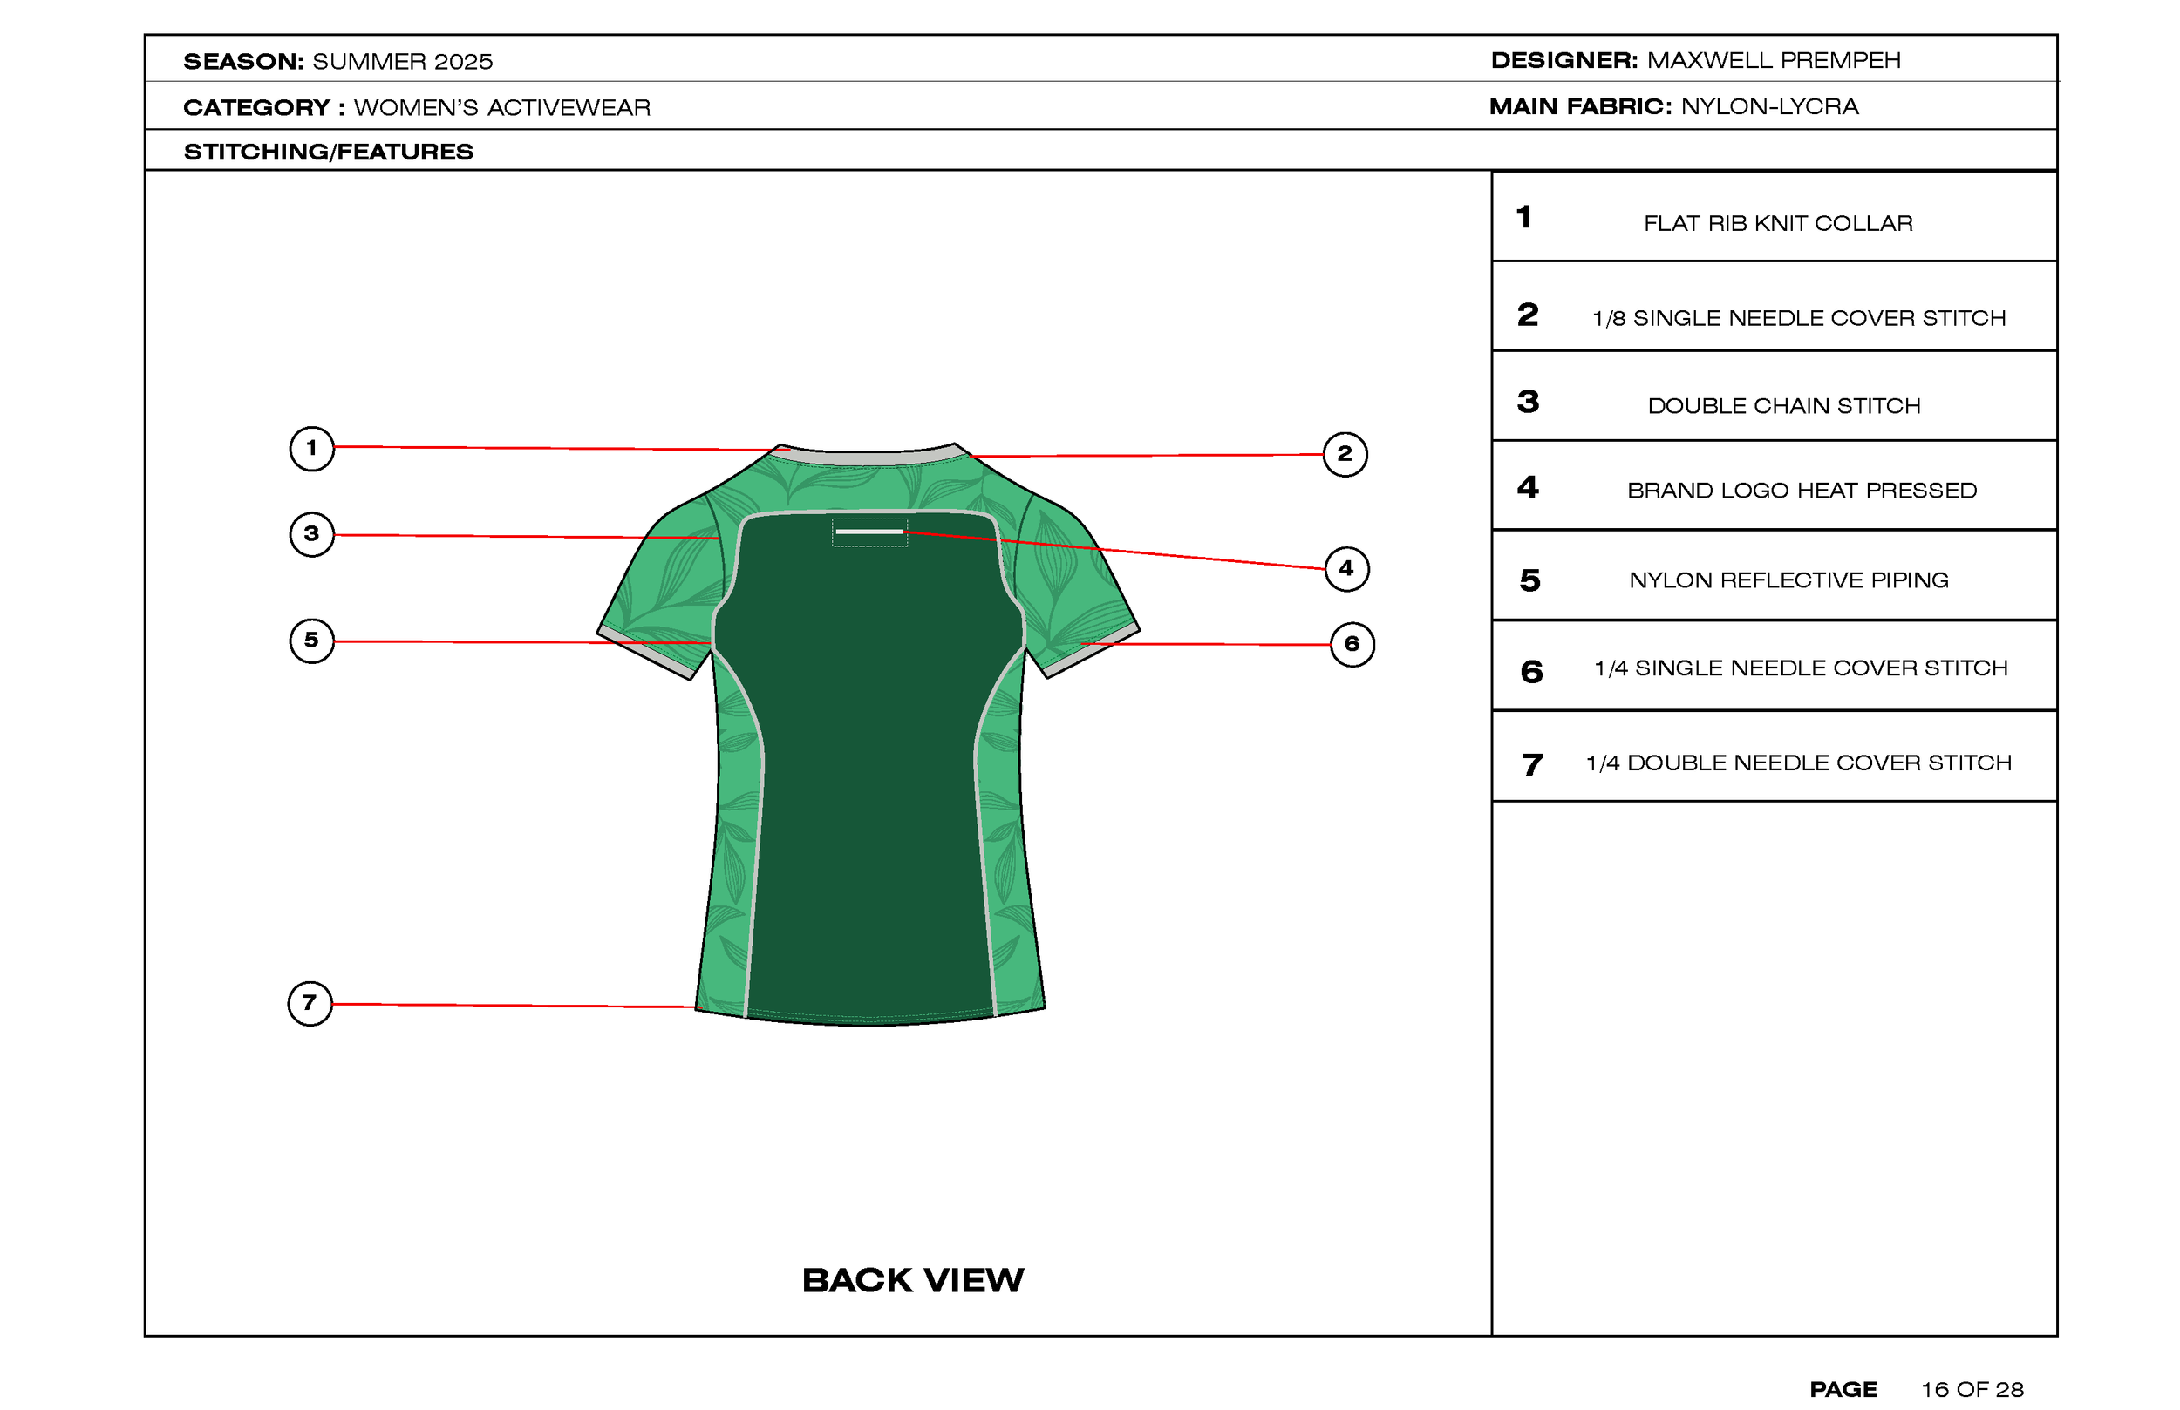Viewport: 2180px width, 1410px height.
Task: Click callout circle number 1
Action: pyautogui.click(x=311, y=449)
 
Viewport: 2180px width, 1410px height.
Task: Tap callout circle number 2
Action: pyautogui.click(x=1345, y=454)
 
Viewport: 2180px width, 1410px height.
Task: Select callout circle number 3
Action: pyautogui.click(x=311, y=534)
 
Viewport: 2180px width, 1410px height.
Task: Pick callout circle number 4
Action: pyautogui.click(x=1346, y=568)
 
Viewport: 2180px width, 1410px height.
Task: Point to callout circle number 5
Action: pyautogui.click(x=311, y=640)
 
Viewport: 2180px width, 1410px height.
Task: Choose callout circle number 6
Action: pyautogui.click(x=1352, y=645)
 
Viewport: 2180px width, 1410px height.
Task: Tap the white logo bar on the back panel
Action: pyautogui.click(x=869, y=531)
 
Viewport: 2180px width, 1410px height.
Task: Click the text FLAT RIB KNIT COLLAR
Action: pyautogui.click(x=1778, y=223)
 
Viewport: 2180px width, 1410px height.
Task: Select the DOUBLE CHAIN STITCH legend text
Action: pyautogui.click(x=1783, y=405)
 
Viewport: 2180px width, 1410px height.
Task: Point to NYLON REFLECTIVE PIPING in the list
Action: pyautogui.click(x=1788, y=580)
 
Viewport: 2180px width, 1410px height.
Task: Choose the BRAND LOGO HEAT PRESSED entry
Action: pyautogui.click(x=1802, y=491)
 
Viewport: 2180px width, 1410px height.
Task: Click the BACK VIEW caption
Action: pyautogui.click(x=912, y=1280)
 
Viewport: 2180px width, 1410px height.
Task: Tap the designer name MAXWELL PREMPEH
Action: pyautogui.click(x=1774, y=60)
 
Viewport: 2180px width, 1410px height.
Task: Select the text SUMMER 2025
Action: pyautogui.click(x=402, y=61)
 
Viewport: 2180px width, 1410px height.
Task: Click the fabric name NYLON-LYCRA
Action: pyautogui.click(x=1769, y=107)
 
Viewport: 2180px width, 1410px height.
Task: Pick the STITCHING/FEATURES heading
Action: pyautogui.click(x=329, y=152)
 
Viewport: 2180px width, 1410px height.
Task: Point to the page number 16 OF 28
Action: pyautogui.click(x=1972, y=1390)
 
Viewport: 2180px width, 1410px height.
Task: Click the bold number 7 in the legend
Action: pyautogui.click(x=1531, y=764)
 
